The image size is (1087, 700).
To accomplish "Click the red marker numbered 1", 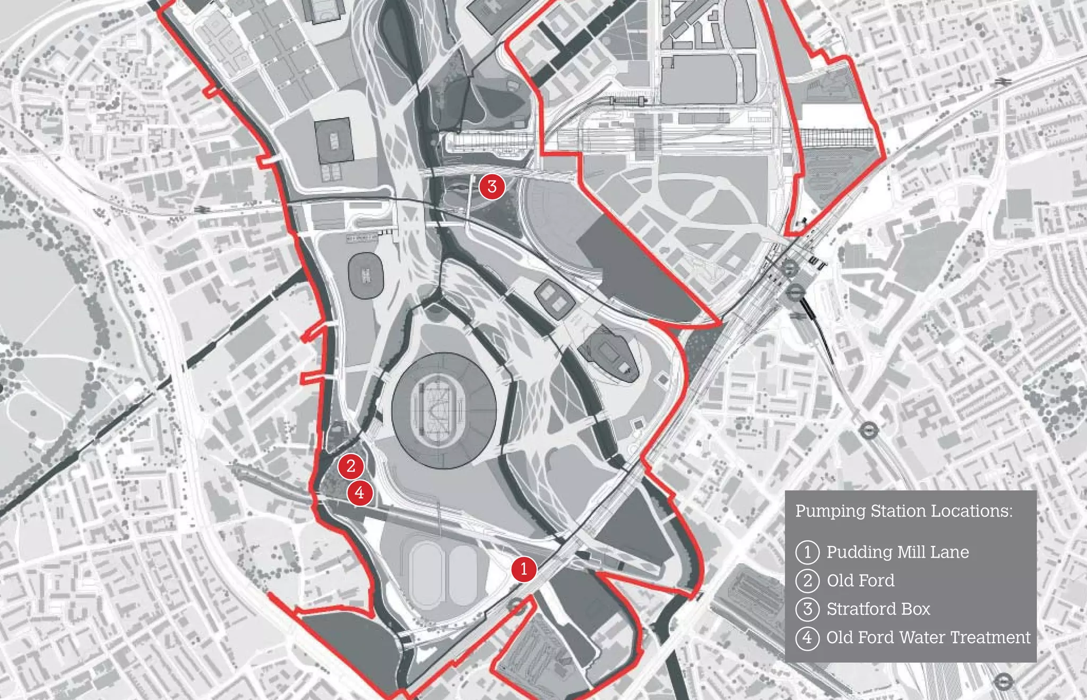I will pos(524,569).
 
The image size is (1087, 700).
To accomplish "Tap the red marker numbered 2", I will pos(351,466).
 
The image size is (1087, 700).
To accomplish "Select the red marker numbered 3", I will pos(492,186).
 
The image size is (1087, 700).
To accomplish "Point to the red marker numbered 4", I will pos(360,492).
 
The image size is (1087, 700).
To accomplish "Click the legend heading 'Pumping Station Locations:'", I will pos(903,511).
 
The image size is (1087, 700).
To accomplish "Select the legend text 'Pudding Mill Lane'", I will pos(898,552).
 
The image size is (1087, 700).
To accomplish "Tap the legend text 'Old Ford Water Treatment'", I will pos(928,637).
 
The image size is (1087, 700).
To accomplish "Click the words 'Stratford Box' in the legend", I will pos(878,609).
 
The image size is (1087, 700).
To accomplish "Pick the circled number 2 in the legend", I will pos(807,581).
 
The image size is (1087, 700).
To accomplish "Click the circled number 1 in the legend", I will pos(807,552).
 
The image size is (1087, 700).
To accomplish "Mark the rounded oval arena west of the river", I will pos(366,275).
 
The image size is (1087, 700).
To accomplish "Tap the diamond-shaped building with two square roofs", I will pos(554,300).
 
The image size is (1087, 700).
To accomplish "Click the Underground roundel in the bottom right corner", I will pos(1003,681).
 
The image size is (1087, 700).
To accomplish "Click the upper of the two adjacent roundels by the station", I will pos(789,268).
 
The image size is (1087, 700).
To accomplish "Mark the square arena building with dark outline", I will pos(334,141).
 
